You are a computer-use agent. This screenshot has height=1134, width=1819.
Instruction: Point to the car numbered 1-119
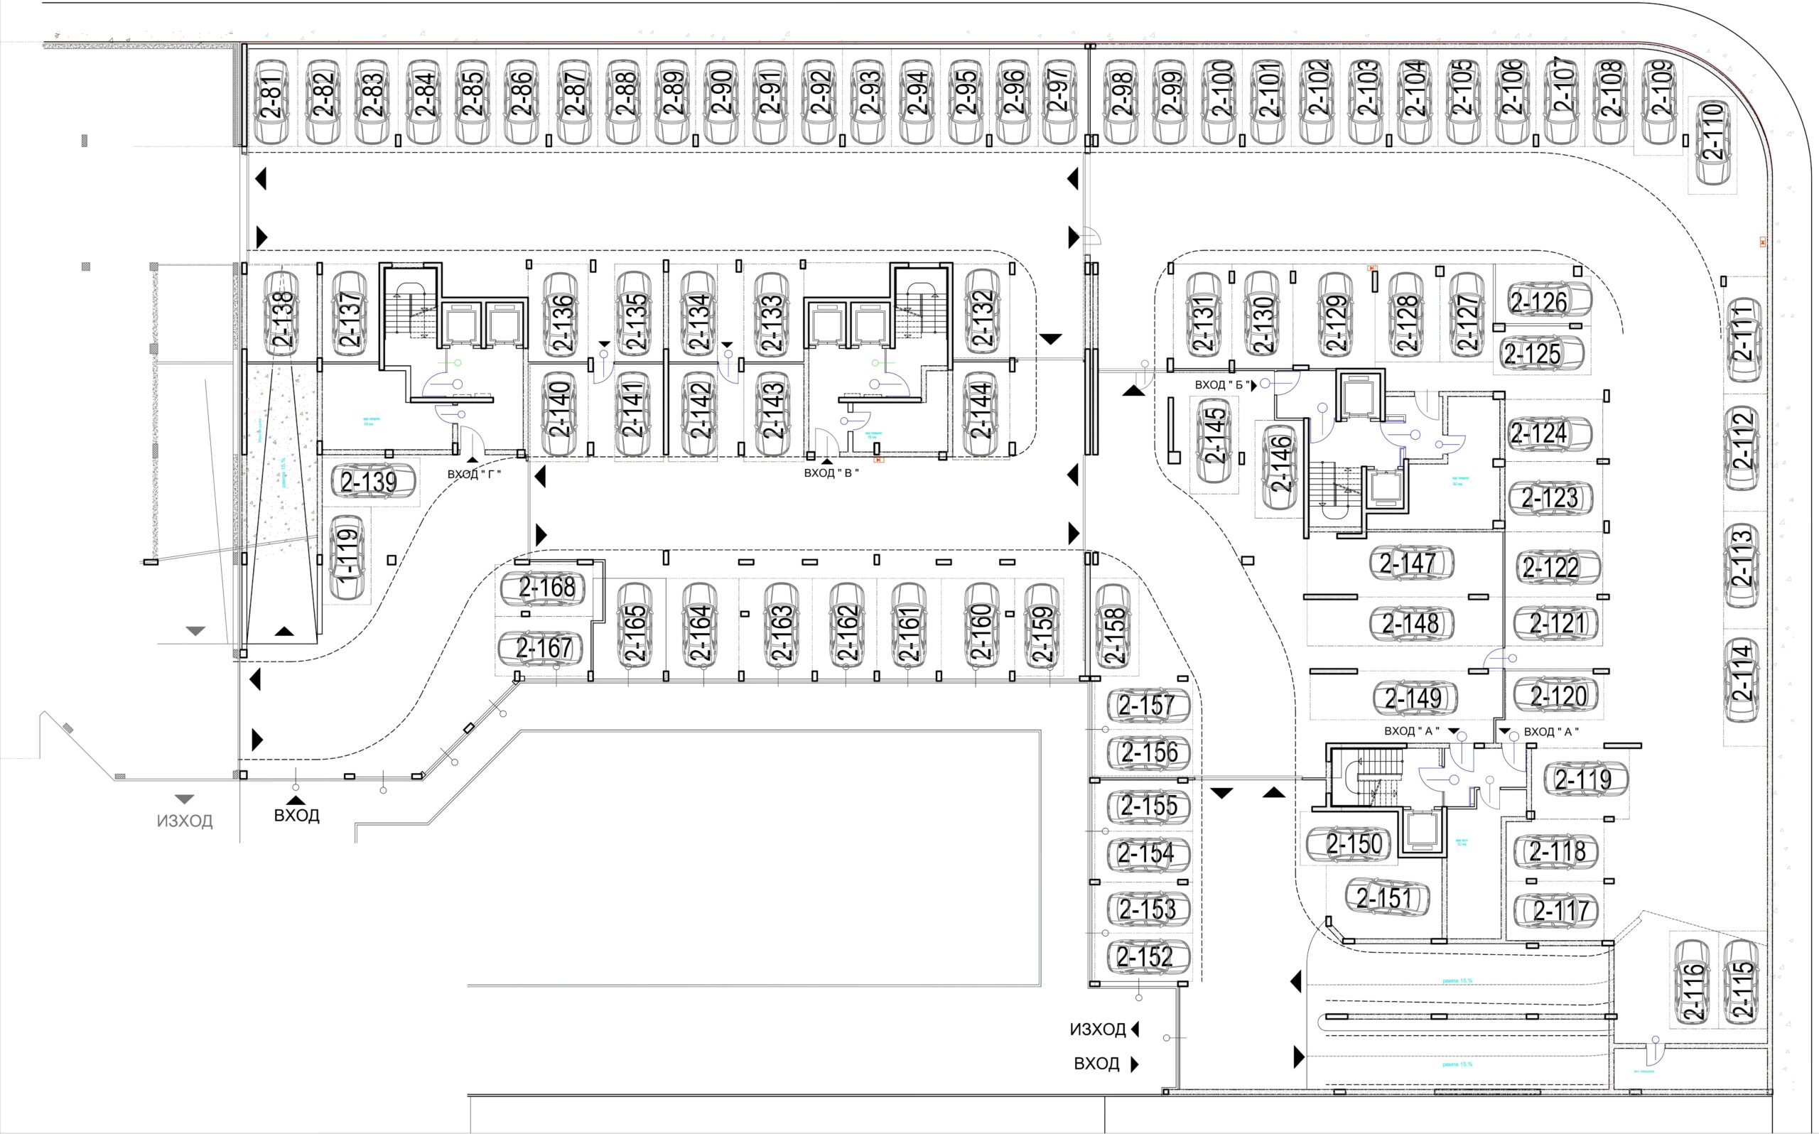tap(347, 556)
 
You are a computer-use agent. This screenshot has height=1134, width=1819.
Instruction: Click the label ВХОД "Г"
tap(474, 474)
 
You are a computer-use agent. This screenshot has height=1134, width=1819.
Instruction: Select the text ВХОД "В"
tap(831, 473)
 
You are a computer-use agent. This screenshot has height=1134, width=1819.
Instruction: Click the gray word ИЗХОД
tap(185, 821)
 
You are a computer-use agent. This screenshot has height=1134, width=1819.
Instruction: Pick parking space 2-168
tap(547, 587)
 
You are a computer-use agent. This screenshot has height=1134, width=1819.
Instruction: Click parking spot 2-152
tap(1145, 958)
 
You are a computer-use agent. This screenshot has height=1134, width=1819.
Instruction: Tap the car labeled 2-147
tap(1408, 563)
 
